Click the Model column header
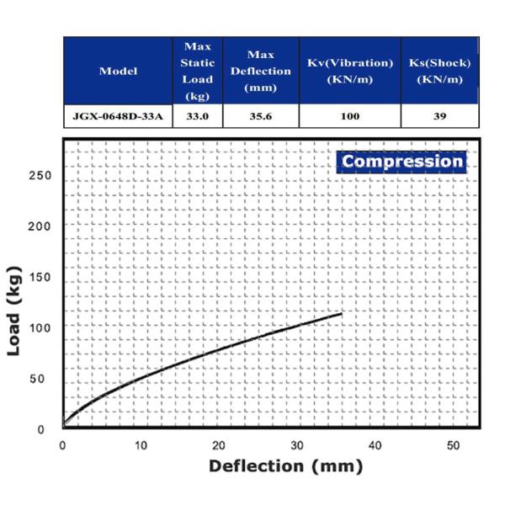118,71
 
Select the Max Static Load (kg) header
197,72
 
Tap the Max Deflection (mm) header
260,72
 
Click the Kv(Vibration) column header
350,71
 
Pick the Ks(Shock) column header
439,71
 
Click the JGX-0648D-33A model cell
118,116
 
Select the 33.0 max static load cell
197,116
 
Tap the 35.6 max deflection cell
260,116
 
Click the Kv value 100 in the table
350,116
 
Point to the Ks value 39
439,116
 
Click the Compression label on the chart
402,162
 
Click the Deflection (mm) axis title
285,465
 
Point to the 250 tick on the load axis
40,176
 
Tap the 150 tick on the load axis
40,278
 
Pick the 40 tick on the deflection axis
375,444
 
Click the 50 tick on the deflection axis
454,444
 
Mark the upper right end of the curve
341,314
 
